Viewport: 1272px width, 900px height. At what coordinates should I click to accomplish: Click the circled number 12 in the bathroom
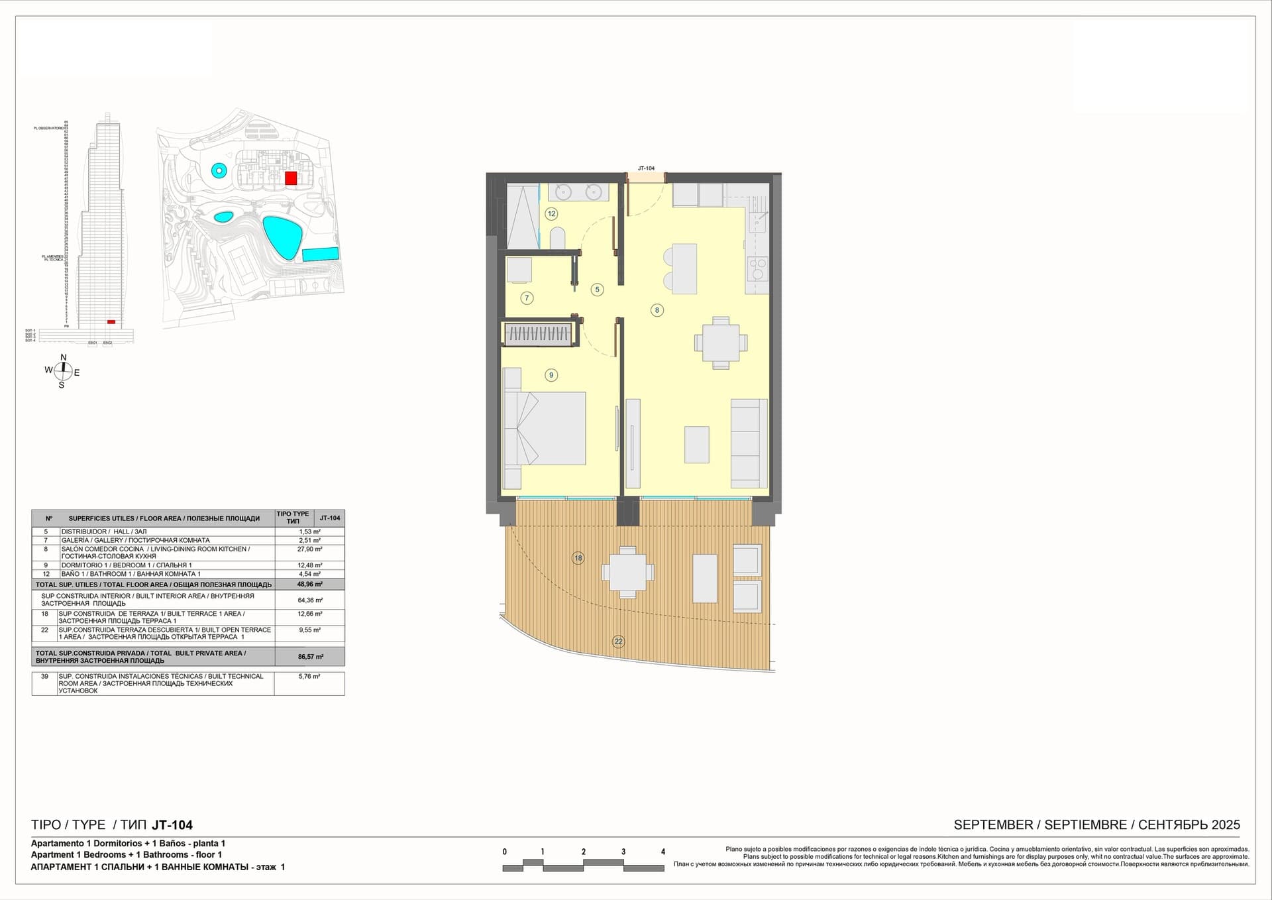pyautogui.click(x=551, y=213)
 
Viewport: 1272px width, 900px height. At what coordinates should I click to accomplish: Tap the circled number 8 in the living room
pyautogui.click(x=657, y=309)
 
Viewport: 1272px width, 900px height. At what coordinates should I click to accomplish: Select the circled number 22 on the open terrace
pyautogui.click(x=618, y=641)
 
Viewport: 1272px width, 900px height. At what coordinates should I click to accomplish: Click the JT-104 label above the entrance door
pyautogui.click(x=646, y=168)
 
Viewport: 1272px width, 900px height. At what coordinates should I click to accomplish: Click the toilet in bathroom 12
pyautogui.click(x=558, y=238)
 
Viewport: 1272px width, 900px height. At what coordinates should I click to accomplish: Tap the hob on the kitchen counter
pyautogui.click(x=757, y=269)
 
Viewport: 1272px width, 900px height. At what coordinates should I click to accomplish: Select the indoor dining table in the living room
pyautogui.click(x=721, y=343)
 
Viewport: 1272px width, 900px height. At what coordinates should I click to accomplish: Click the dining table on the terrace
pyautogui.click(x=627, y=572)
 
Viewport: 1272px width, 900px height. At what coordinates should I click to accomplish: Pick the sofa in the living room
pyautogui.click(x=749, y=443)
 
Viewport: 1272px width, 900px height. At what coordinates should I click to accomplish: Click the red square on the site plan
pyautogui.click(x=290, y=178)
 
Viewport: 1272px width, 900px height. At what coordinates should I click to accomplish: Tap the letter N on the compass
pyautogui.click(x=64, y=357)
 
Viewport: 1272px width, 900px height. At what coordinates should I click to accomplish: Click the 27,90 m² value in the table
pyautogui.click(x=309, y=549)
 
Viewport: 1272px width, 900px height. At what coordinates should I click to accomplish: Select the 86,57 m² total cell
pyautogui.click(x=310, y=657)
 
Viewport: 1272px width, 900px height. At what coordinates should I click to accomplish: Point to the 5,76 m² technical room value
pyautogui.click(x=309, y=677)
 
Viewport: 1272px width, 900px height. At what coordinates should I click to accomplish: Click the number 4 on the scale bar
pyautogui.click(x=662, y=852)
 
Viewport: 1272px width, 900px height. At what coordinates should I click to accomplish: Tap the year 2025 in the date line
pyautogui.click(x=1226, y=825)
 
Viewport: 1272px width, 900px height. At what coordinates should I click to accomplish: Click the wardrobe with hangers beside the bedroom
pyautogui.click(x=538, y=334)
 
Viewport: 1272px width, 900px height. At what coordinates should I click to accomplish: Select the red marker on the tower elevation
pyautogui.click(x=111, y=322)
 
